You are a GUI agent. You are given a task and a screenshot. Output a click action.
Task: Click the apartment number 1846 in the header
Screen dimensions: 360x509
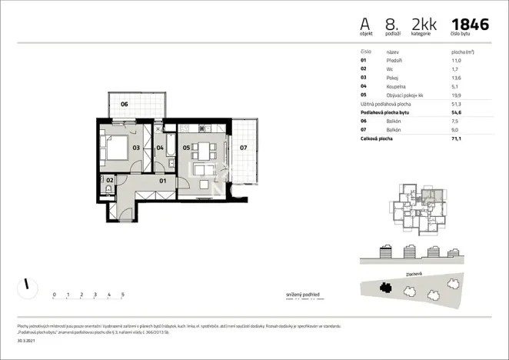click(x=470, y=24)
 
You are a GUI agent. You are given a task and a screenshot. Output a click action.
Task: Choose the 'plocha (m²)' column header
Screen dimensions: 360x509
click(x=462, y=52)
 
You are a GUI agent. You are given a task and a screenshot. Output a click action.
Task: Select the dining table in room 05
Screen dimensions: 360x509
click(x=204, y=150)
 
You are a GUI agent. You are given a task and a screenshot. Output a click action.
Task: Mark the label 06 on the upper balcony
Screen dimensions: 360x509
click(x=124, y=104)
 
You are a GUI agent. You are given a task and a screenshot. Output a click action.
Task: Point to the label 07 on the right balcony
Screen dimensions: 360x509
click(x=242, y=146)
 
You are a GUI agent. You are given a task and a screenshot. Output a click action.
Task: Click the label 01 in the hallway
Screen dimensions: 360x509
click(x=163, y=181)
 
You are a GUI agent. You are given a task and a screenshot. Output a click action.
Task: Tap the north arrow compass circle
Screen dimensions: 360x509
click(x=27, y=287)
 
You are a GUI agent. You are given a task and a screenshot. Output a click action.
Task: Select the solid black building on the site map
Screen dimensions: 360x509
click(x=387, y=288)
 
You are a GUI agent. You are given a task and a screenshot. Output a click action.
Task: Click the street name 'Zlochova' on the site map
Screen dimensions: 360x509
click(x=414, y=274)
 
